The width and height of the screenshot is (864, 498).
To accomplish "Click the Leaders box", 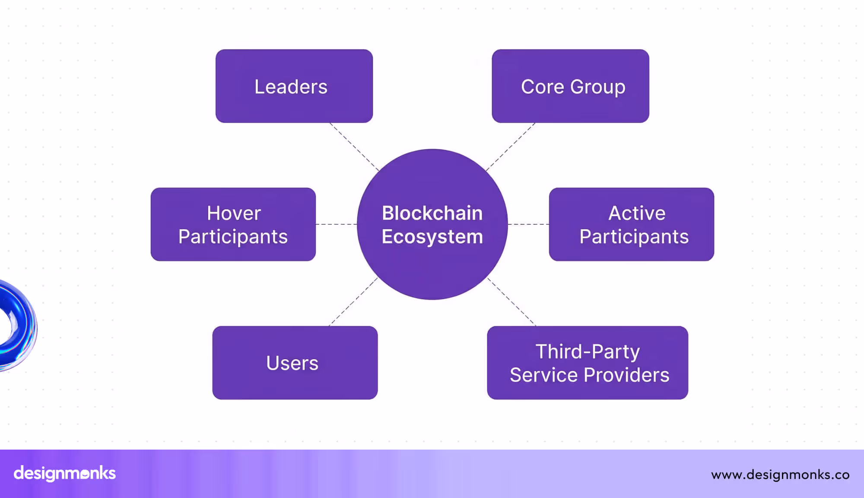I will click(294, 86).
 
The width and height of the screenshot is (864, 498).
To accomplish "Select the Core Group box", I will click(570, 86).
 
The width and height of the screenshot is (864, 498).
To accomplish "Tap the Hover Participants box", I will click(233, 224).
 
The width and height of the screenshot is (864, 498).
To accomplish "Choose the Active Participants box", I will click(631, 224).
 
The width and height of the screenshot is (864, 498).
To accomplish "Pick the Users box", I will click(295, 363).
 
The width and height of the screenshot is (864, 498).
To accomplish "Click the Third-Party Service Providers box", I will click(587, 363).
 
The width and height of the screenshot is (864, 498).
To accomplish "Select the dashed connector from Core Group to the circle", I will click(511, 146).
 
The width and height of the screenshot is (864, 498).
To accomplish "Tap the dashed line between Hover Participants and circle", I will click(336, 224).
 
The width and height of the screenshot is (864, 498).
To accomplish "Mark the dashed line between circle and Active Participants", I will click(528, 224).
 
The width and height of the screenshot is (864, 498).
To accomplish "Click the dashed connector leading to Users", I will click(353, 302).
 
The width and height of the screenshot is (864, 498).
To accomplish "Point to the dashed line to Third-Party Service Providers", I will click(511, 302).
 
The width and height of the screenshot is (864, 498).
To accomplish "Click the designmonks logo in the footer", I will click(65, 473).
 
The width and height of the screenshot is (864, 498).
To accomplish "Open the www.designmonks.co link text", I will click(780, 475).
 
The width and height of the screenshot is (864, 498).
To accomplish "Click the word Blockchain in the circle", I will click(432, 213).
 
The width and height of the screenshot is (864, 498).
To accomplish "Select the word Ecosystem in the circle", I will click(432, 237).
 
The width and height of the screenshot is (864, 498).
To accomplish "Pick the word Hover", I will click(234, 213).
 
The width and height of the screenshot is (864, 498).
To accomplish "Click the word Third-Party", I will click(588, 351).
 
